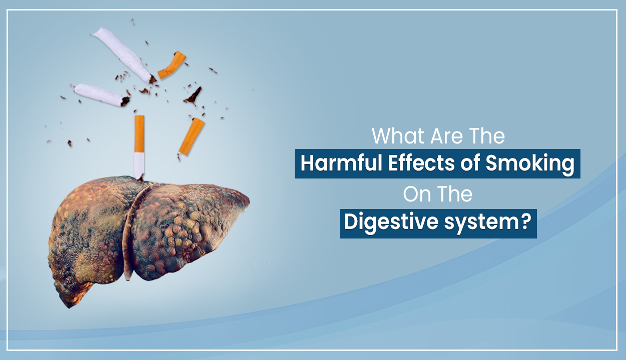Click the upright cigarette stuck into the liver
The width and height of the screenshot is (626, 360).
(x=139, y=147)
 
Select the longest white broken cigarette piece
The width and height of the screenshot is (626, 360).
(x=124, y=54)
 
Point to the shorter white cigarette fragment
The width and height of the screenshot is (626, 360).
(x=101, y=95)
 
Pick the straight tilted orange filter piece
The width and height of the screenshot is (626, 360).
(x=192, y=136)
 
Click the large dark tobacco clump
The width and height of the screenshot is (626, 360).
(x=193, y=96)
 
